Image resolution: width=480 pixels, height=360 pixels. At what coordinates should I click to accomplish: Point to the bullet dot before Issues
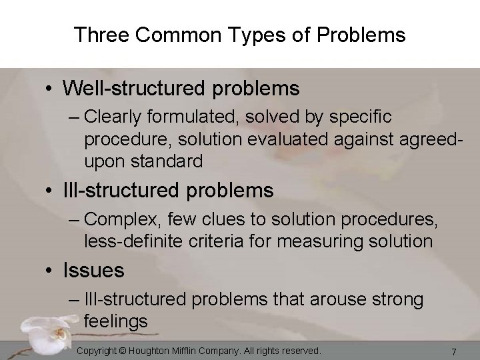51,271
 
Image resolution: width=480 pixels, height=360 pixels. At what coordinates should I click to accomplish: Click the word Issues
93,270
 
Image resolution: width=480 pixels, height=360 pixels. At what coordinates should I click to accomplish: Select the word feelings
116,322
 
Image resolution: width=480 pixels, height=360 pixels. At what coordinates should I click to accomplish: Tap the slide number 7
453,351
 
